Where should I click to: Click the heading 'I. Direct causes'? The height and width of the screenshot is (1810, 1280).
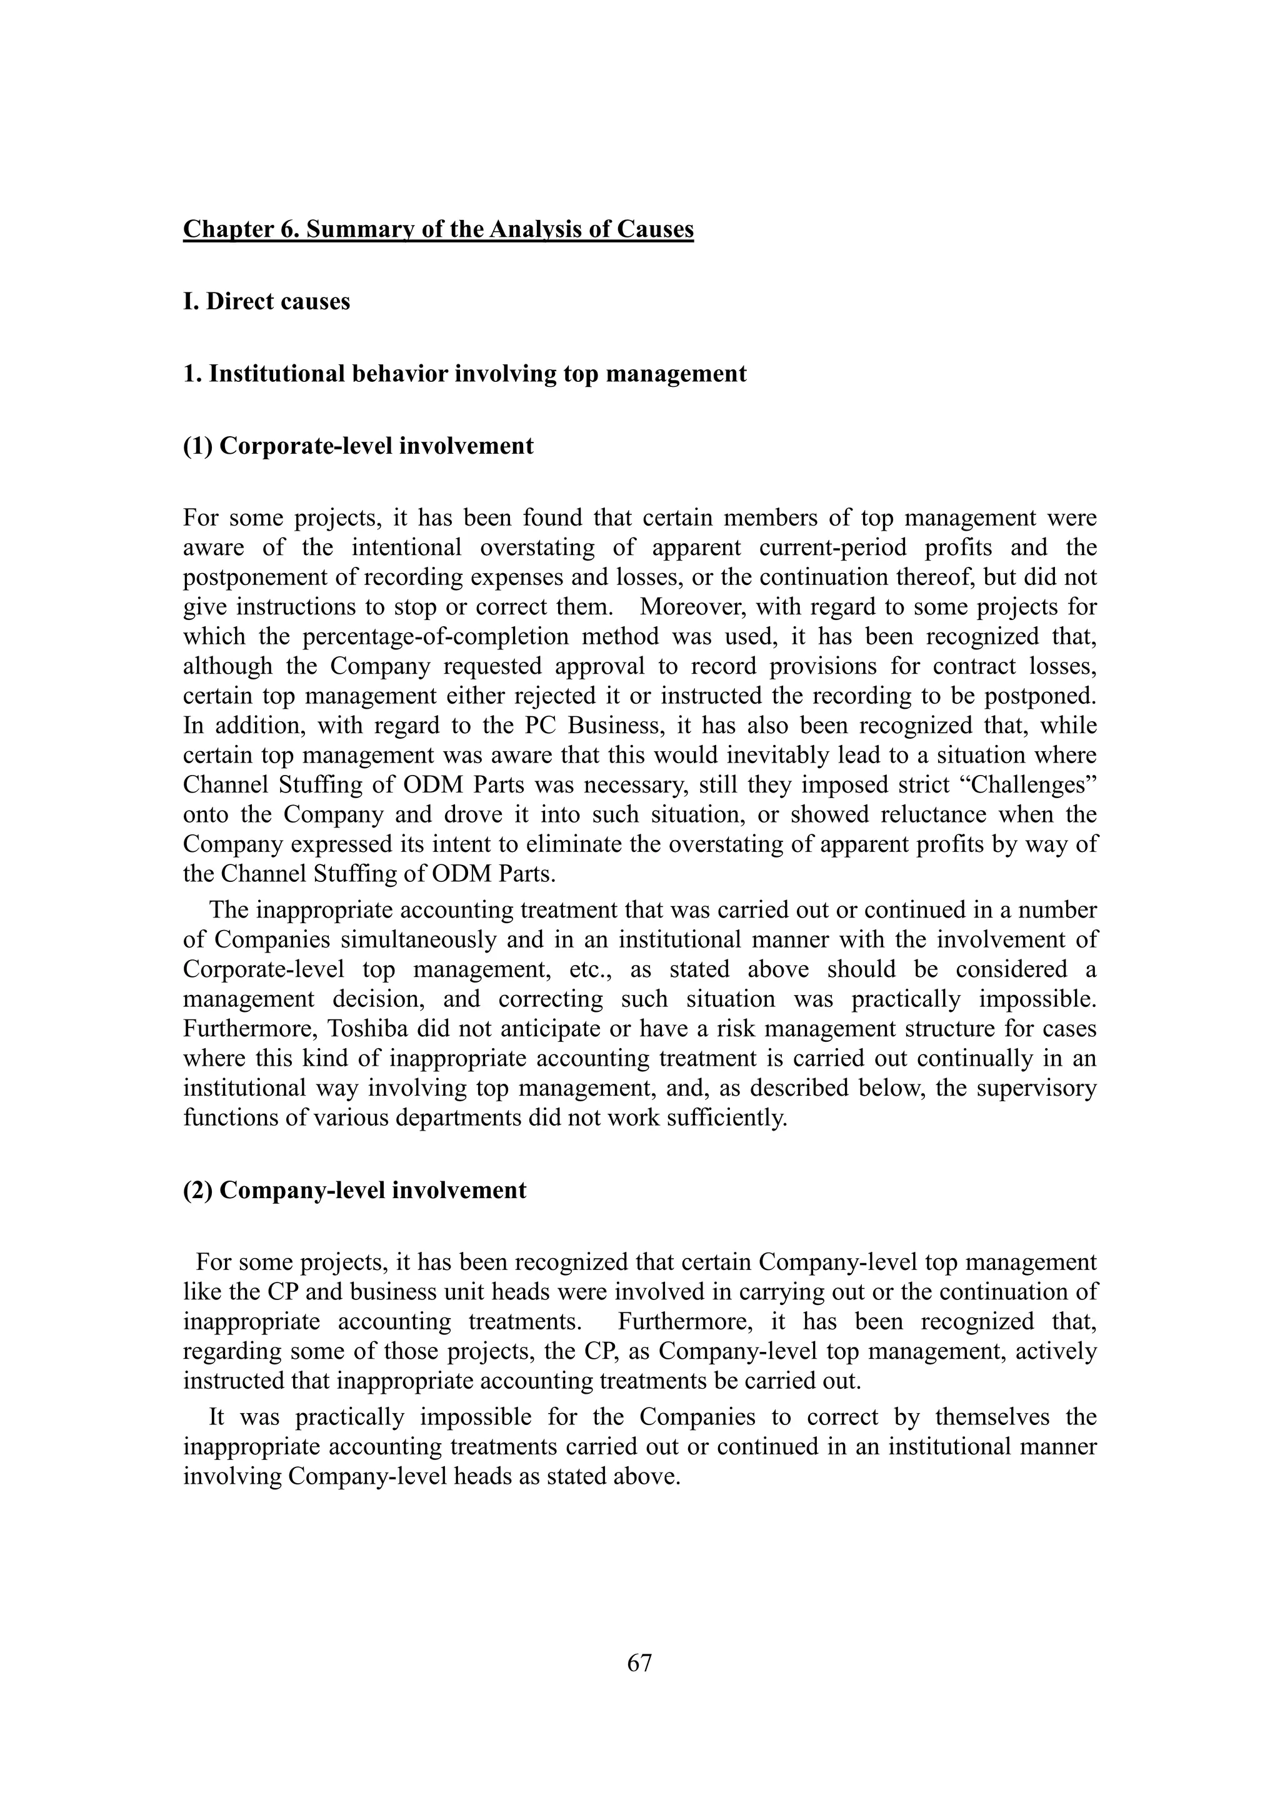click(266, 302)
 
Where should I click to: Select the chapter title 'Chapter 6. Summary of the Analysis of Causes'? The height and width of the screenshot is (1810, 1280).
click(438, 229)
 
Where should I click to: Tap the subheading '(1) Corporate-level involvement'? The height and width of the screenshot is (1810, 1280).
click(358, 446)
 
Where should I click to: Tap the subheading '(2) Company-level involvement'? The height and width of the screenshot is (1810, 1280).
click(354, 1191)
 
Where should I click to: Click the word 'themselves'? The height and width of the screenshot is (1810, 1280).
click(992, 1417)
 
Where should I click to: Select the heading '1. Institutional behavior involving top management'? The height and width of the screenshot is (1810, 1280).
click(464, 374)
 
